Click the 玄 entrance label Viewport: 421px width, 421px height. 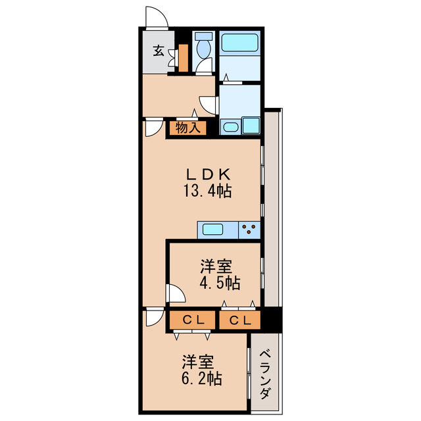(159, 51)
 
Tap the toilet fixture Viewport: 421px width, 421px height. (204, 49)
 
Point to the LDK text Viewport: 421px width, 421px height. (207, 174)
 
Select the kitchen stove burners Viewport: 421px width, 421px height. (250, 230)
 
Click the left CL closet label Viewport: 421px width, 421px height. (192, 320)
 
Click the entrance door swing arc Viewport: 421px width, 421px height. (156, 17)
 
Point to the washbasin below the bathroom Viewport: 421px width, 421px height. (230, 127)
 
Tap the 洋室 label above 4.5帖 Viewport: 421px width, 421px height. (216, 266)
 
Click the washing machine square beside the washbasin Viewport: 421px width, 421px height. (251, 125)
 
